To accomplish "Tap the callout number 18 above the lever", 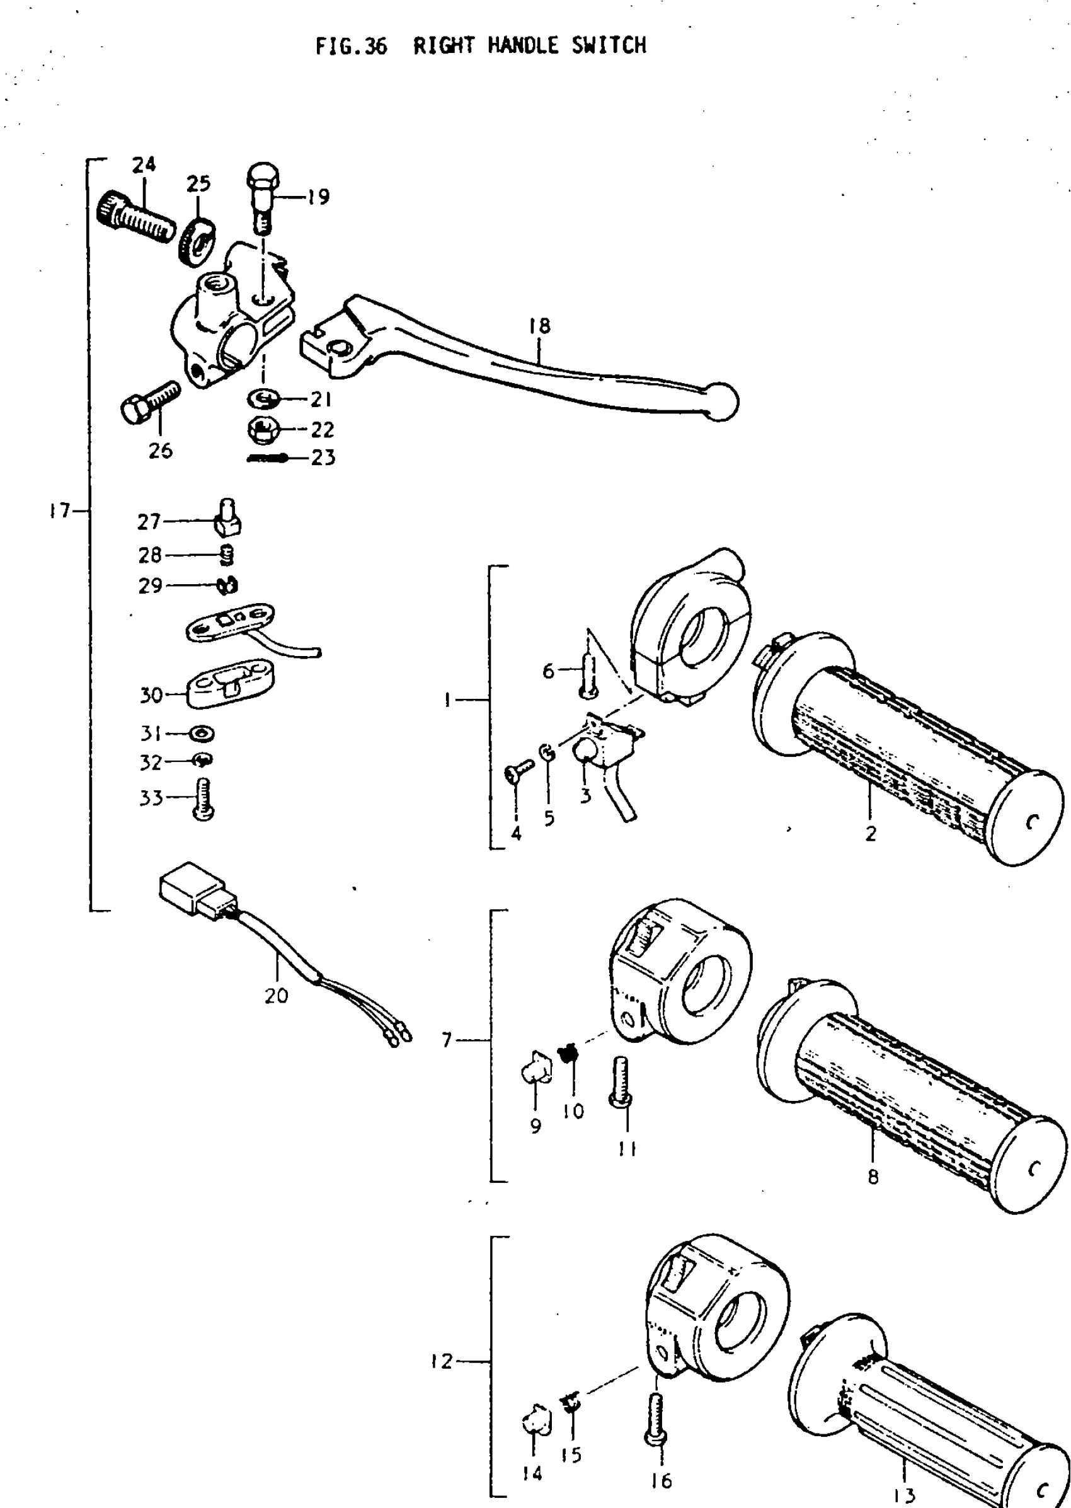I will coord(539,326).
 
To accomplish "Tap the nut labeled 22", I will coord(263,431).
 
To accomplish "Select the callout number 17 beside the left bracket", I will coord(59,510).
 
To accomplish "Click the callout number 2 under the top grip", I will coord(871,834).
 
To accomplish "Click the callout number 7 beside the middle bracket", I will coord(447,1041).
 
